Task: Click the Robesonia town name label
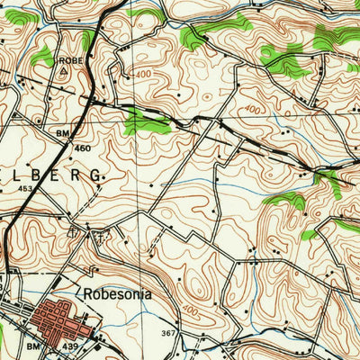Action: pyautogui.click(x=117, y=293)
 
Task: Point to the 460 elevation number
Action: pyautogui.click(x=83, y=147)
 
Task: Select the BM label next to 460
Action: pyautogui.click(x=62, y=133)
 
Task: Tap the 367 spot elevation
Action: pyautogui.click(x=167, y=333)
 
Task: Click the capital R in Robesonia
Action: pyautogui.click(x=86, y=293)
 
